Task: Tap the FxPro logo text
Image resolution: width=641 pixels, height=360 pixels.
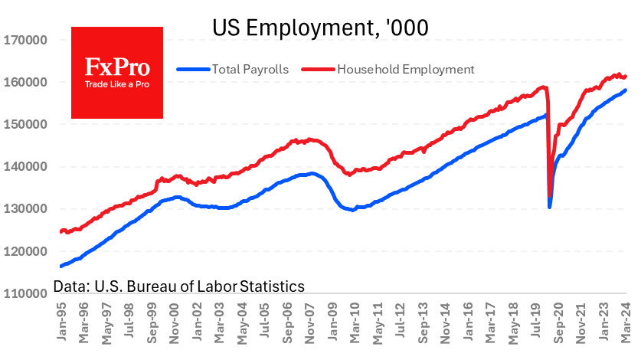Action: (x=116, y=66)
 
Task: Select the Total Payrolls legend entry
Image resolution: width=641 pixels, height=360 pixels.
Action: (x=233, y=69)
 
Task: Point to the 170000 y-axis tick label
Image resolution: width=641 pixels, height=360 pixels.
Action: (x=26, y=40)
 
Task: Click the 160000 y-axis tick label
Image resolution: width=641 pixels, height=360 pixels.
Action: (x=26, y=82)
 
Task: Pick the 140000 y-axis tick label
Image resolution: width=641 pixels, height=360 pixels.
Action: (x=26, y=166)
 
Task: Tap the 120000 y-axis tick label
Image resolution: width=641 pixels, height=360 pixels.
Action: (x=26, y=250)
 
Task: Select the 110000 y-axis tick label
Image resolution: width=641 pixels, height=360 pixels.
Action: (x=26, y=293)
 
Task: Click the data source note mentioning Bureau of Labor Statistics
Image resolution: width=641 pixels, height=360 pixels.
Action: (x=179, y=286)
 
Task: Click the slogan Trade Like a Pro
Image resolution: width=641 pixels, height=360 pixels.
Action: (x=116, y=83)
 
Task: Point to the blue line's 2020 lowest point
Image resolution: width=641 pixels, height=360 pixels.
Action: (x=550, y=207)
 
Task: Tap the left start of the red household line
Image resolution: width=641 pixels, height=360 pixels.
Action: (x=61, y=231)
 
